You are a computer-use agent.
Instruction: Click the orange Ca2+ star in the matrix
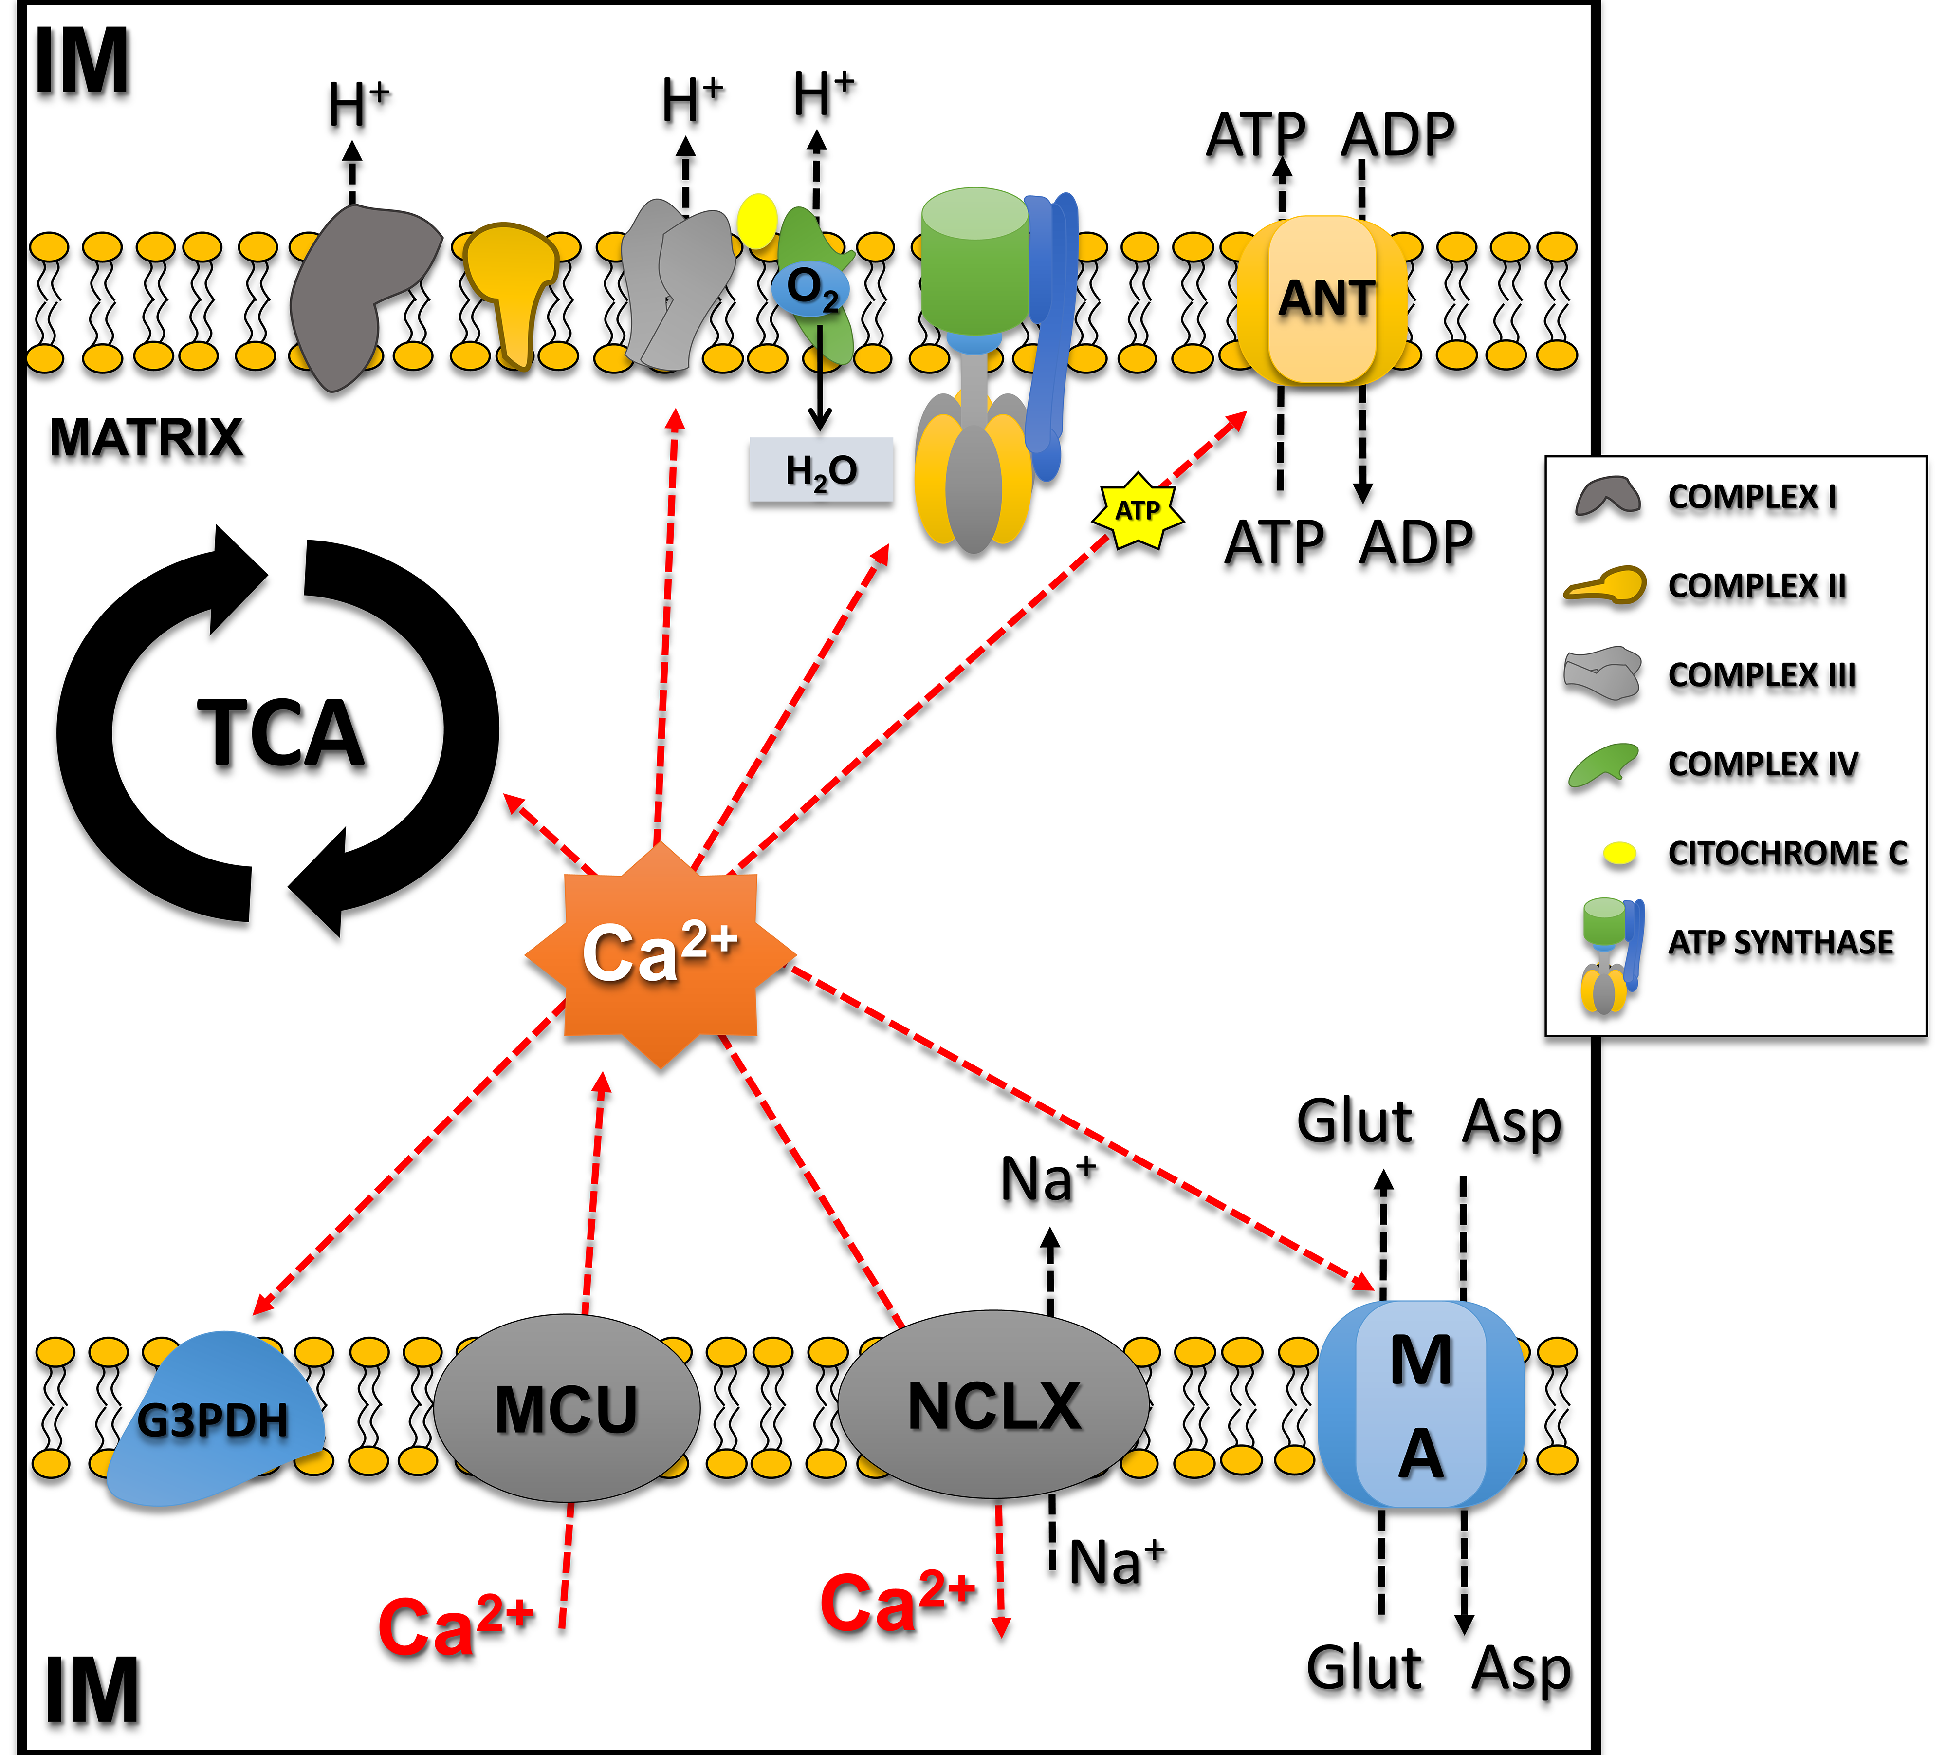click(660, 954)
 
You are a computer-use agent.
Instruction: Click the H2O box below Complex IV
click(821, 470)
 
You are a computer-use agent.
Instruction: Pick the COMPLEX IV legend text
click(1762, 764)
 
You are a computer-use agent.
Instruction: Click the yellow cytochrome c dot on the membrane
click(756, 220)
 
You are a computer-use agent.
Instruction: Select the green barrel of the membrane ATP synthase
click(973, 261)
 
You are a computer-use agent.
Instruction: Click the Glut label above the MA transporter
click(1354, 1121)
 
